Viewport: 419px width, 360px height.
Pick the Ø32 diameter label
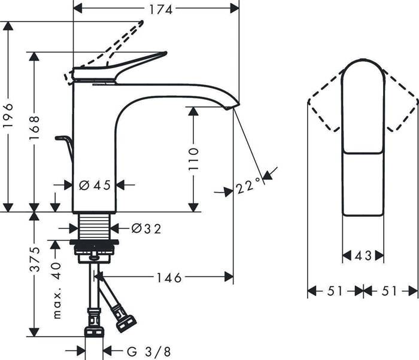pos(146,228)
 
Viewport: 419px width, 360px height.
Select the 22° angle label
pos(248,187)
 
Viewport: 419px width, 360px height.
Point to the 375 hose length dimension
pos(35,259)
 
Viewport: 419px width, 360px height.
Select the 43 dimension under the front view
pos(363,255)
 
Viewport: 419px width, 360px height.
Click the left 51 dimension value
pos(335,291)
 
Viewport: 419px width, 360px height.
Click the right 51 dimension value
pos(390,291)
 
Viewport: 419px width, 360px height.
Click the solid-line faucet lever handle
pos(138,62)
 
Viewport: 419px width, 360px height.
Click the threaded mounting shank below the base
pos(96,227)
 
